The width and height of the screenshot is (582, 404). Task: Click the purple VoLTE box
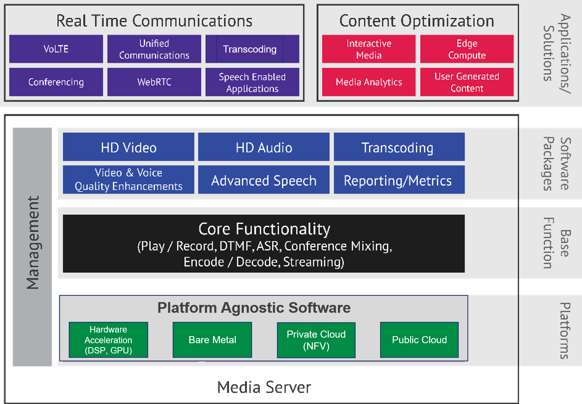pyautogui.click(x=56, y=49)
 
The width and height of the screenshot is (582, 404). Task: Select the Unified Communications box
pyautogui.click(x=154, y=49)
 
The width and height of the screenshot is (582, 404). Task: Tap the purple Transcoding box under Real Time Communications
pyautogui.click(x=252, y=49)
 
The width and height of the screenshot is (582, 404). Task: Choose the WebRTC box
pyautogui.click(x=154, y=82)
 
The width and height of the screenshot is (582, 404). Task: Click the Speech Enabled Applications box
pyautogui.click(x=252, y=82)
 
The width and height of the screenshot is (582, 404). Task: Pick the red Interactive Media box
pyautogui.click(x=369, y=49)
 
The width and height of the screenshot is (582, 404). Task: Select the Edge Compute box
pyautogui.click(x=467, y=49)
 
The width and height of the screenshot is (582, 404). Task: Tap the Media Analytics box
pyautogui.click(x=369, y=82)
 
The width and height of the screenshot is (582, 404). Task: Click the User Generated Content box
pyautogui.click(x=467, y=82)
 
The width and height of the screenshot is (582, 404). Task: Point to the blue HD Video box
pyautogui.click(x=129, y=147)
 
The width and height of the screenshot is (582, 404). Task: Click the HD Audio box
pyautogui.click(x=264, y=147)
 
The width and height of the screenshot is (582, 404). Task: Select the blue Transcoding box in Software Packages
pyautogui.click(x=399, y=147)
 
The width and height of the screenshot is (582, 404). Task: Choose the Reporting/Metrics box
pyautogui.click(x=399, y=180)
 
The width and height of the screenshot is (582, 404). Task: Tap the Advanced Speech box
pyautogui.click(x=264, y=180)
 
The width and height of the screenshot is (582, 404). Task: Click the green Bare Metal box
pyautogui.click(x=212, y=340)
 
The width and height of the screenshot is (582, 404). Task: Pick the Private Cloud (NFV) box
pyautogui.click(x=316, y=340)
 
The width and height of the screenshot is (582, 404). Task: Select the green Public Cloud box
pyautogui.click(x=419, y=340)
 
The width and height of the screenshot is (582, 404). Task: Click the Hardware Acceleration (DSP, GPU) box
pyautogui.click(x=108, y=340)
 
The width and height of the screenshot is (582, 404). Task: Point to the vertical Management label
pyautogui.click(x=33, y=242)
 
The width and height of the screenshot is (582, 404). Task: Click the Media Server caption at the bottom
pyautogui.click(x=264, y=387)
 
